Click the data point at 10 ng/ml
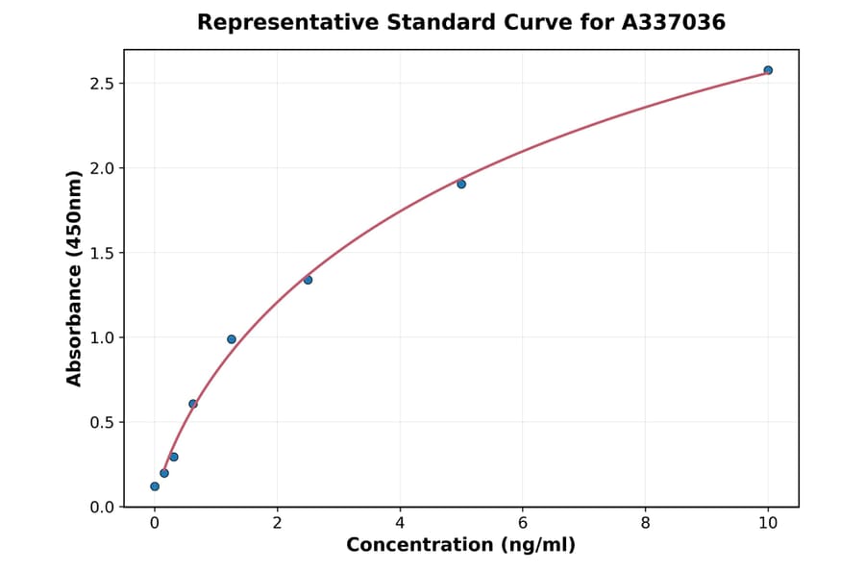pyautogui.click(x=768, y=70)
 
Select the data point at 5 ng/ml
pyautogui.click(x=461, y=184)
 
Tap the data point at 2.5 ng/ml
pyautogui.click(x=308, y=280)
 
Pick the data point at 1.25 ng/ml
pyautogui.click(x=232, y=339)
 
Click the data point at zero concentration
pyautogui.click(x=155, y=486)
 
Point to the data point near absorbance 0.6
pyautogui.click(x=193, y=404)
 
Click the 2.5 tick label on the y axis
pyautogui.click(x=101, y=84)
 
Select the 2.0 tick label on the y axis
pyautogui.click(x=101, y=168)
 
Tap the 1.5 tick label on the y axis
pyautogui.click(x=101, y=253)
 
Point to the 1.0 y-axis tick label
pyautogui.click(x=101, y=337)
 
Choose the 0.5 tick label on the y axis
pyautogui.click(x=101, y=422)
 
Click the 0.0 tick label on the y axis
pyautogui.click(x=101, y=507)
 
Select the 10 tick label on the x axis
pyautogui.click(x=768, y=523)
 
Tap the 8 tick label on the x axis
pyautogui.click(x=645, y=523)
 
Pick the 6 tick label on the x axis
pyautogui.click(x=522, y=523)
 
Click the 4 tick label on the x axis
pyautogui.click(x=400, y=523)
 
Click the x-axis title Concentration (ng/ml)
pyautogui.click(x=460, y=546)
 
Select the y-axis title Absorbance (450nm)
pyautogui.click(x=74, y=278)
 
